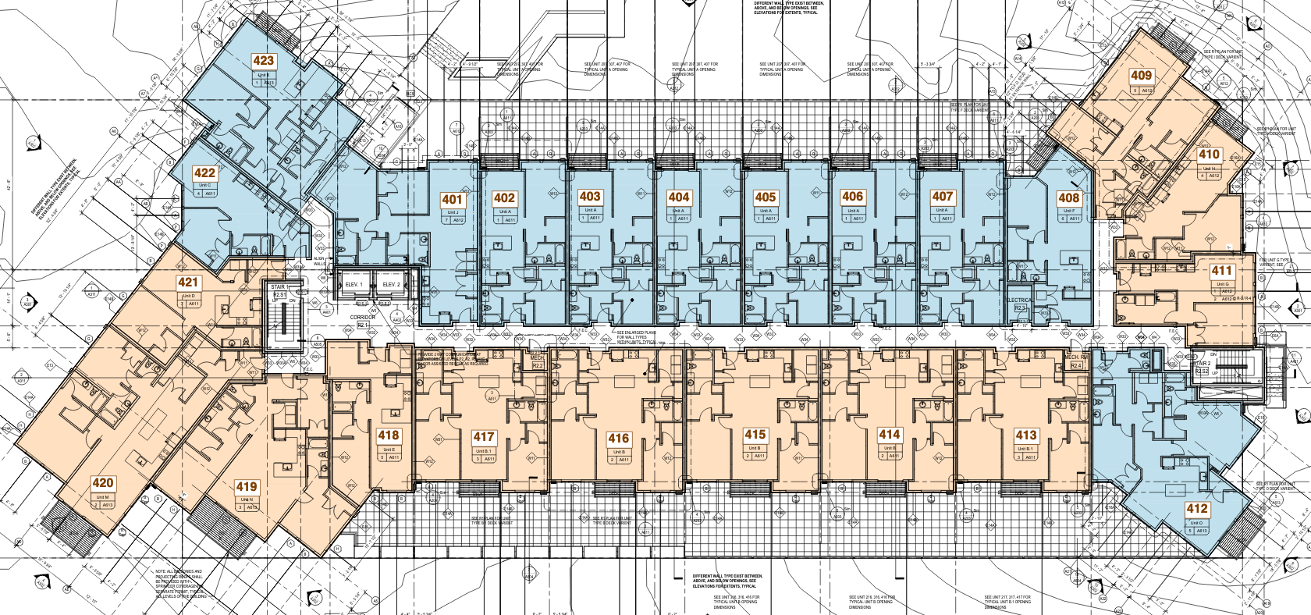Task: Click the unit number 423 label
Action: (264, 61)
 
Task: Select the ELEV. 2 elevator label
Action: (392, 285)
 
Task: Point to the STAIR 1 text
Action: (279, 287)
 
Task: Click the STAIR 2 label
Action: (1202, 364)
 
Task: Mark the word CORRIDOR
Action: (363, 318)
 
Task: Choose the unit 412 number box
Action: (1197, 509)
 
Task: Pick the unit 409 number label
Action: (1141, 76)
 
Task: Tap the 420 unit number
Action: (103, 483)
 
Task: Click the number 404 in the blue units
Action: (679, 197)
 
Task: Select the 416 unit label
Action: (619, 439)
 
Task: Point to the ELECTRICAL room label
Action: (1019, 300)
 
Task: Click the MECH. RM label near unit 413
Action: (1076, 357)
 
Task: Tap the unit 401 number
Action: (452, 199)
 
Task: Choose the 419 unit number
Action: (247, 486)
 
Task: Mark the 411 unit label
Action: (1221, 271)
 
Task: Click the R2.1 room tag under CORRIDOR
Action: (362, 325)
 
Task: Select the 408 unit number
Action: (1068, 197)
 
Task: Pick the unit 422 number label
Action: (204, 172)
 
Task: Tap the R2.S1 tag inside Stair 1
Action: (279, 294)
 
